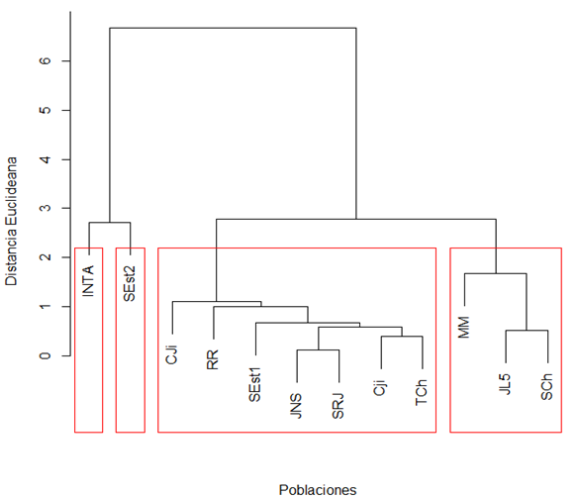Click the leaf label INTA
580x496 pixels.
click(x=88, y=281)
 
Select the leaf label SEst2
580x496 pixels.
click(x=130, y=284)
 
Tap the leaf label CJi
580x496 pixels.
click(x=172, y=354)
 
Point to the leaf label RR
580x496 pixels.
click(x=213, y=359)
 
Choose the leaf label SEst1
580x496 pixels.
click(x=254, y=385)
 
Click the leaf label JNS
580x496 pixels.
click(x=296, y=406)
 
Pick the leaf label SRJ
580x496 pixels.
click(x=338, y=406)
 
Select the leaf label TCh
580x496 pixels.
click(x=422, y=392)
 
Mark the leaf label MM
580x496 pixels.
click(x=463, y=328)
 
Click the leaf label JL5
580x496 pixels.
click(x=505, y=384)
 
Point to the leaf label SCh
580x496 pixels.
click(x=546, y=387)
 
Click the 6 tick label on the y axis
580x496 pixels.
click(x=46, y=60)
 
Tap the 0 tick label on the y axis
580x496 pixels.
click(x=46, y=355)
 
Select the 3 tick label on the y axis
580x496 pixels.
click(x=46, y=208)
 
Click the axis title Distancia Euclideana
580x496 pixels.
click(x=12, y=221)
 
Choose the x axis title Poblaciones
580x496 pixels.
click(x=318, y=489)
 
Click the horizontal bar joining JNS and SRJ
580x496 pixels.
click(x=318, y=349)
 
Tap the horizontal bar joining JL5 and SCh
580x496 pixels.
click(x=527, y=331)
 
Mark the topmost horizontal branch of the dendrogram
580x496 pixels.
click(x=233, y=28)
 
